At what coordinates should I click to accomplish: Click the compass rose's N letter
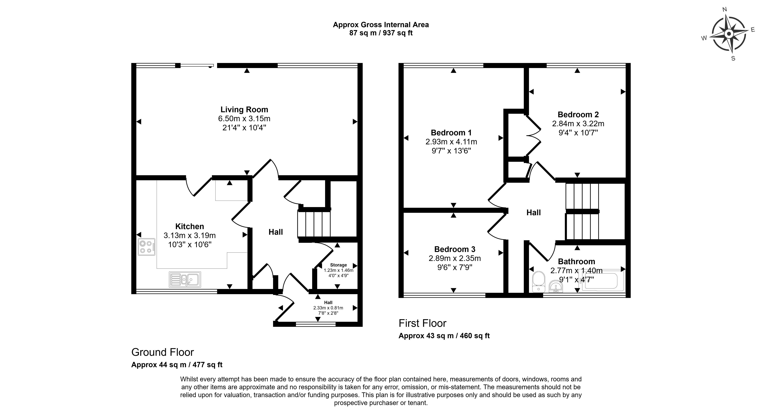tap(724, 18)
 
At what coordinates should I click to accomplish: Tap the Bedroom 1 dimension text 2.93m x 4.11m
tap(451, 142)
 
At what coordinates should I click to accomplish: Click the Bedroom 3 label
tap(455, 249)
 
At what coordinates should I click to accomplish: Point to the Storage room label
tap(338, 265)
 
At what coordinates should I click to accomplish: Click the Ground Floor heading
tap(162, 352)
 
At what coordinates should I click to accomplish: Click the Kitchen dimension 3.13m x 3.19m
tap(190, 236)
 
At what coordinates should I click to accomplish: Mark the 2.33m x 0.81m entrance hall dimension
tap(328, 308)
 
